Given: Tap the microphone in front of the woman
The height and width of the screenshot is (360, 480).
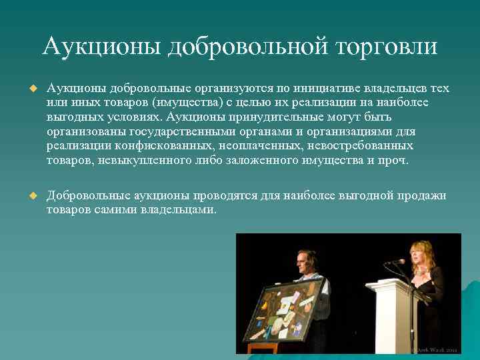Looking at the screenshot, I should coord(399,261).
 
